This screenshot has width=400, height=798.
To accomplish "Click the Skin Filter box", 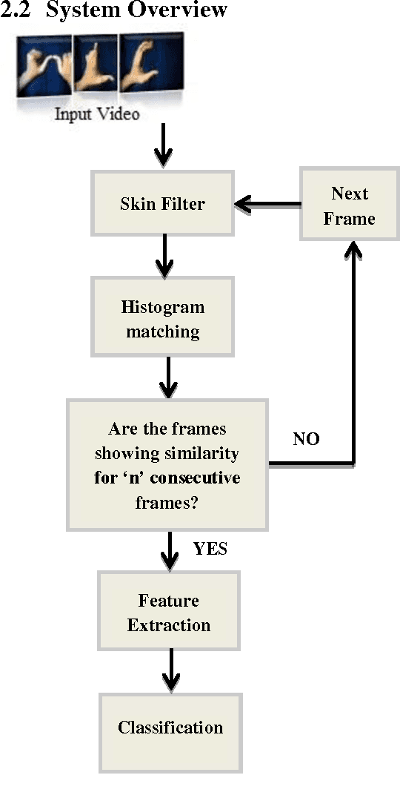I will tap(162, 204).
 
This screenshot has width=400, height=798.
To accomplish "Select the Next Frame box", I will tap(350, 205).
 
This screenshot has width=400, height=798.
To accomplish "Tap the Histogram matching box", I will tap(162, 319).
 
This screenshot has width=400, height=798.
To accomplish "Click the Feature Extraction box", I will tap(169, 613).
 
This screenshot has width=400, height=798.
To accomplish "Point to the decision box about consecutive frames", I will tap(167, 465).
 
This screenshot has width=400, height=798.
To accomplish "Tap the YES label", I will tap(210, 550).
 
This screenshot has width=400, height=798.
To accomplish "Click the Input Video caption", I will tap(97, 115).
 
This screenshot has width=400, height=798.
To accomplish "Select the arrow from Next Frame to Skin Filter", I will tap(267, 204).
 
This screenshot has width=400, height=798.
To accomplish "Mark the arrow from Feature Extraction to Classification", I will tap(171, 669).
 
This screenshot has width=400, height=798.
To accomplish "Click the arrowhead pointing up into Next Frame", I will tap(354, 252).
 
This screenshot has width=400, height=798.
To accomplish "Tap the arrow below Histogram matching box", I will tap(170, 377).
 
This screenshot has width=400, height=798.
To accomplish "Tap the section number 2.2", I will tap(16, 10).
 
